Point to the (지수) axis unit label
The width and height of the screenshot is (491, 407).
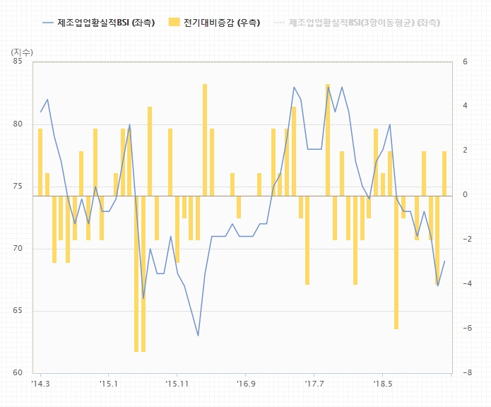(x=23, y=52)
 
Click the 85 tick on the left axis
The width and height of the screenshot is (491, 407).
(x=18, y=62)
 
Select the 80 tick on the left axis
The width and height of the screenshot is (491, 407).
(x=18, y=124)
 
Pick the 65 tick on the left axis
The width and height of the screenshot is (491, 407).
(x=18, y=311)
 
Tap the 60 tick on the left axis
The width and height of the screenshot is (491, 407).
(x=18, y=373)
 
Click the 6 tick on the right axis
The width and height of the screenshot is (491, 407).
(x=466, y=62)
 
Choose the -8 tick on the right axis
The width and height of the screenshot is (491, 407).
(x=466, y=373)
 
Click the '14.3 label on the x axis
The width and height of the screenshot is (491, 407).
(x=41, y=384)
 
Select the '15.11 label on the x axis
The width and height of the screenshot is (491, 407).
(x=177, y=384)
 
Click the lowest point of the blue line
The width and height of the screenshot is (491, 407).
(x=198, y=335)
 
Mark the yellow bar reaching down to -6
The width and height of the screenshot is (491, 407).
(x=396, y=261)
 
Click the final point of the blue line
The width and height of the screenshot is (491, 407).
(x=444, y=261)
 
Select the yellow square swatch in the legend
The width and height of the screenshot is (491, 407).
(x=174, y=23)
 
